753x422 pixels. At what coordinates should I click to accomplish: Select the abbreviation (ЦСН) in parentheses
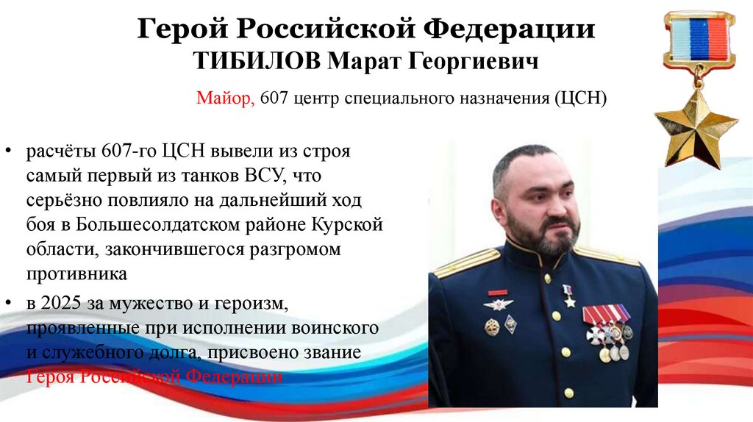(x=580, y=98)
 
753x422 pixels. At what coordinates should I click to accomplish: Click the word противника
(x=77, y=274)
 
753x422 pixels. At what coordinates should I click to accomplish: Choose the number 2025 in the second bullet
(x=64, y=303)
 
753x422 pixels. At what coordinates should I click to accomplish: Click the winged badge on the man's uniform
(x=498, y=304)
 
